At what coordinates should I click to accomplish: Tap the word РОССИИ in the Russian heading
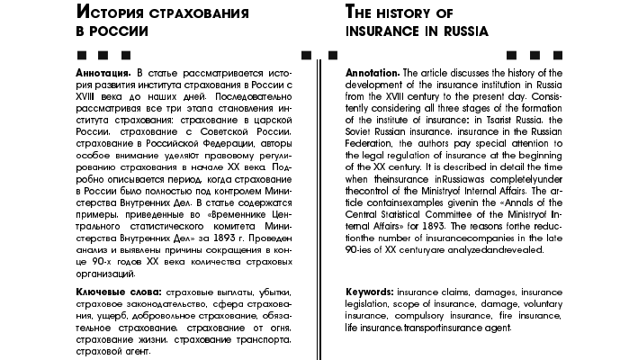[x=116, y=31]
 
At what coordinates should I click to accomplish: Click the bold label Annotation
[x=373, y=72]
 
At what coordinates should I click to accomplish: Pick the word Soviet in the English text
[x=362, y=130]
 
